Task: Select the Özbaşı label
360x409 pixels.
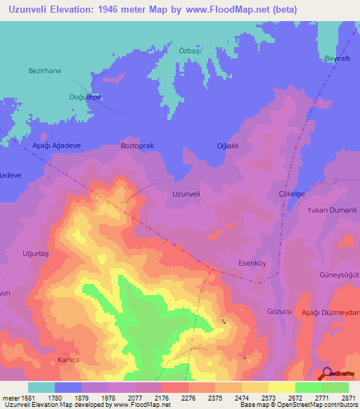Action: [x=191, y=51]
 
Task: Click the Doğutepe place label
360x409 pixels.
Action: [x=85, y=98]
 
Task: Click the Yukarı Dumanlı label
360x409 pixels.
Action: [x=333, y=209]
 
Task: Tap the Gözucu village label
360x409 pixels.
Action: [x=279, y=310]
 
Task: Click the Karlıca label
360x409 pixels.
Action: [x=70, y=359]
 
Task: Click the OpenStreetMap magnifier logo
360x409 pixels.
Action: [x=327, y=372]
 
